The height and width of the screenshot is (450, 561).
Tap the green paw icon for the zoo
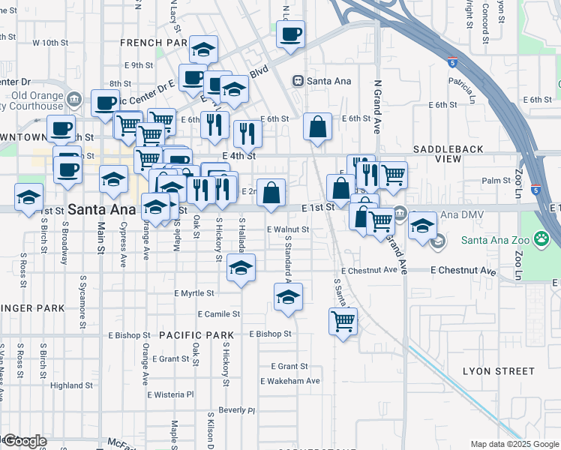pyautogui.click(x=541, y=240)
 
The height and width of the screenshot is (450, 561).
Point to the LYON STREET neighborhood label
pyautogui.click(x=499, y=371)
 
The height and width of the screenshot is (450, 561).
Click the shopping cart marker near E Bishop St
pyautogui.click(x=343, y=322)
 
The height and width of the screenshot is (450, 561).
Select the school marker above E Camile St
pyautogui.click(x=288, y=297)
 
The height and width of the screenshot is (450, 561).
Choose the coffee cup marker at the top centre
pyautogui.click(x=290, y=34)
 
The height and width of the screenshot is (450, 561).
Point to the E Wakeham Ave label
pyautogui.click(x=290, y=381)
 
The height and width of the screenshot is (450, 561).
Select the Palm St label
pyautogui.click(x=496, y=181)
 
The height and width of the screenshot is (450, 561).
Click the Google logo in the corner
pyautogui.click(x=24, y=441)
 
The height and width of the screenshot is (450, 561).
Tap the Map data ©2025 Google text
pyautogui.click(x=514, y=444)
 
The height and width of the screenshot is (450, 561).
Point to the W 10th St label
pyautogui.click(x=50, y=43)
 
